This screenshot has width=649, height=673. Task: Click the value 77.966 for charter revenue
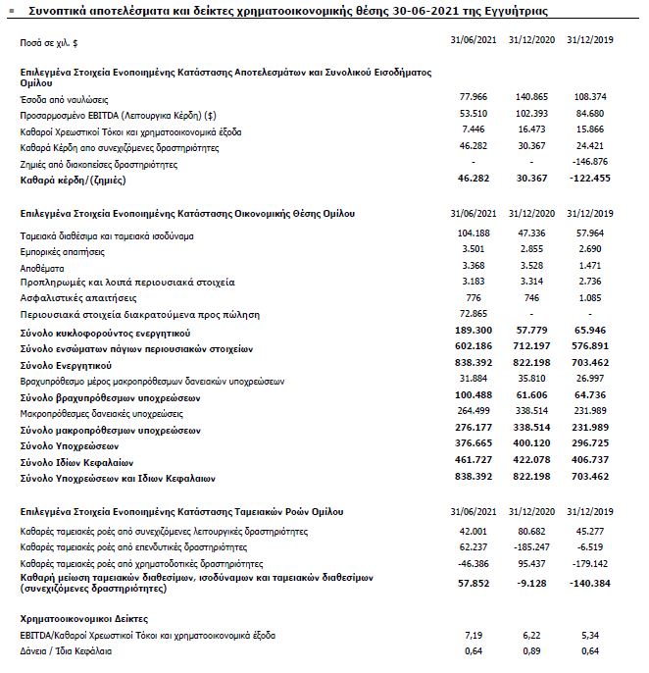(474, 99)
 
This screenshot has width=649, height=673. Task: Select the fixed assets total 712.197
(533, 347)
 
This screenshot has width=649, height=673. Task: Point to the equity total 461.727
(472, 461)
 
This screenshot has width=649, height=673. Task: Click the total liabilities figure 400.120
(533, 445)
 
